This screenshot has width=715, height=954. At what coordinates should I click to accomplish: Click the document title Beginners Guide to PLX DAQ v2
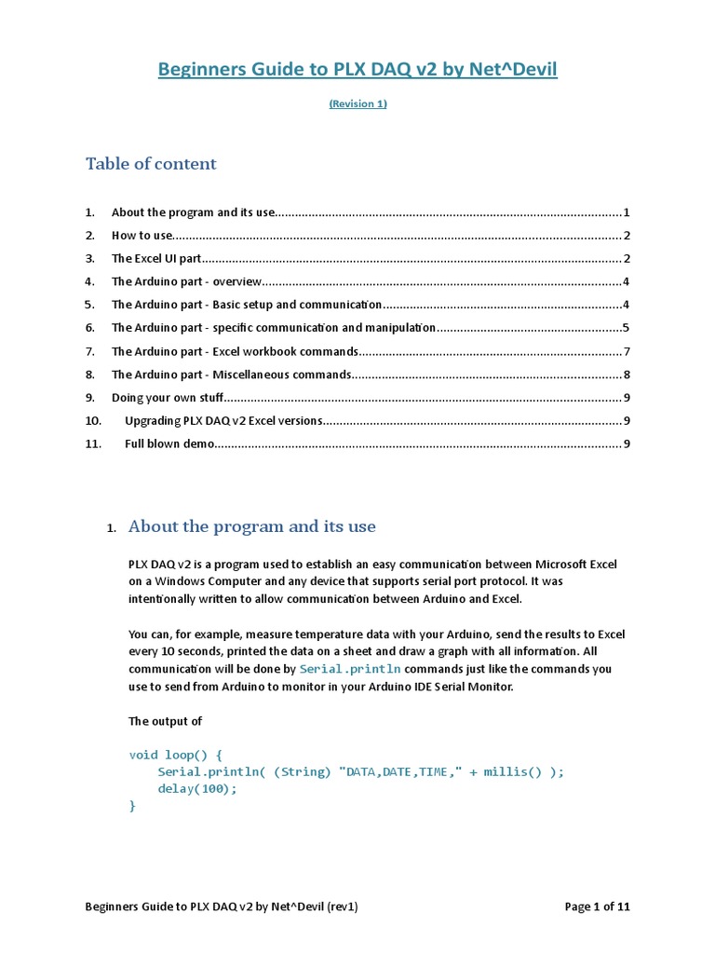tap(357, 69)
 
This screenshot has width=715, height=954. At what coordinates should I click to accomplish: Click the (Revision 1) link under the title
tap(357, 104)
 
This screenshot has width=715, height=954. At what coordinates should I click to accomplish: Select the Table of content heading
tap(151, 164)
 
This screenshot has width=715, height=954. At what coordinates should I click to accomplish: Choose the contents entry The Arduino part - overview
tap(187, 281)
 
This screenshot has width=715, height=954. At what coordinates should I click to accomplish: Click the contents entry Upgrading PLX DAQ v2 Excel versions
tap(223, 421)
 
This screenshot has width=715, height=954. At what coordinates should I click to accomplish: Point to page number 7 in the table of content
tap(627, 351)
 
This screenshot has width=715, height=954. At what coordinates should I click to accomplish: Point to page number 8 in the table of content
tap(627, 375)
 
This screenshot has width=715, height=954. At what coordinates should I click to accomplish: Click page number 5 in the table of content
tap(627, 328)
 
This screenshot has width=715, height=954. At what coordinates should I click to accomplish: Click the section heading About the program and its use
tap(251, 526)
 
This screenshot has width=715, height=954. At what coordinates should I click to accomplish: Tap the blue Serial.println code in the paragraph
tap(350, 669)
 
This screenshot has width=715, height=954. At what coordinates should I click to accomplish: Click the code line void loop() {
tap(175, 755)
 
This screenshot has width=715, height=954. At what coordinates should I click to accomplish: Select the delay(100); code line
tap(197, 788)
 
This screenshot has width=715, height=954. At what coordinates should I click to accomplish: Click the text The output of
tap(165, 721)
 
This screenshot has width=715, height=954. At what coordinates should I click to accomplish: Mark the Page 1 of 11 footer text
tap(598, 906)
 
